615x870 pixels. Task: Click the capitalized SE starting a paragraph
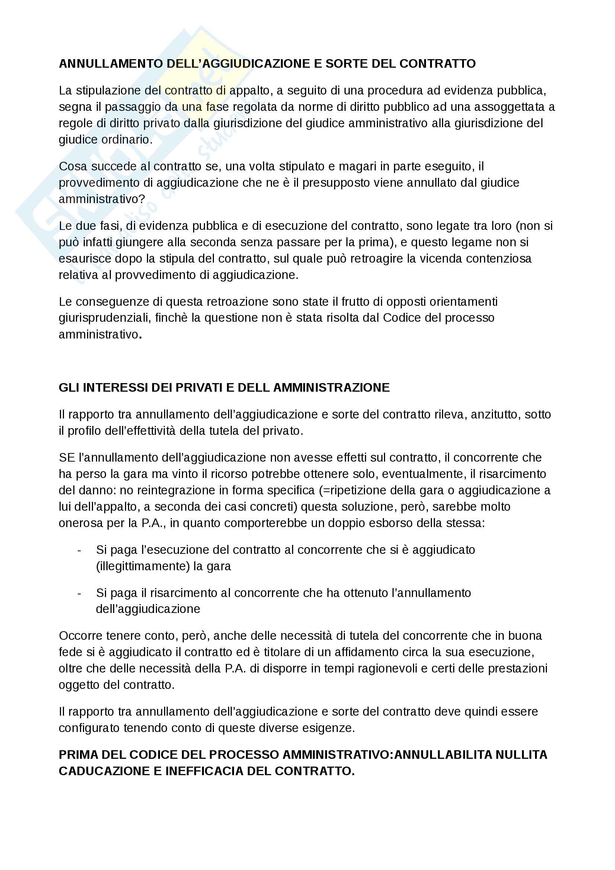coord(67,458)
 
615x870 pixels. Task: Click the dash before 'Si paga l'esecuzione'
coord(79,550)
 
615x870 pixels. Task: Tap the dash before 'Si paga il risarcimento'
coord(79,593)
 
